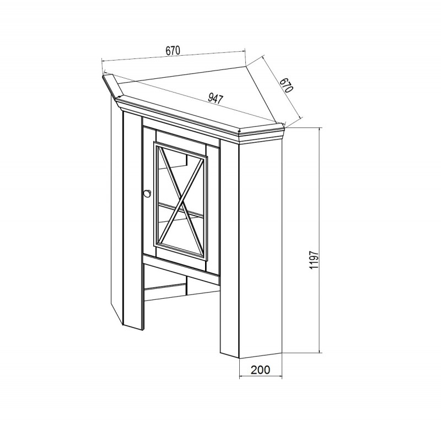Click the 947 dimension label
216,99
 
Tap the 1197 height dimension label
314,260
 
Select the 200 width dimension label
260,369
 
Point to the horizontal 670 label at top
173,50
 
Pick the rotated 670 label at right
287,85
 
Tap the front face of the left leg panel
132,219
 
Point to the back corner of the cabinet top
246,66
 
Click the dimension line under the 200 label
260,377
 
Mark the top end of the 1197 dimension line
320,128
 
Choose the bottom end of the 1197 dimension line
320,352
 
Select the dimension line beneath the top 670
174,56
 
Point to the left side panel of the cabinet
117,208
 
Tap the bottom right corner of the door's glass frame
208,259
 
